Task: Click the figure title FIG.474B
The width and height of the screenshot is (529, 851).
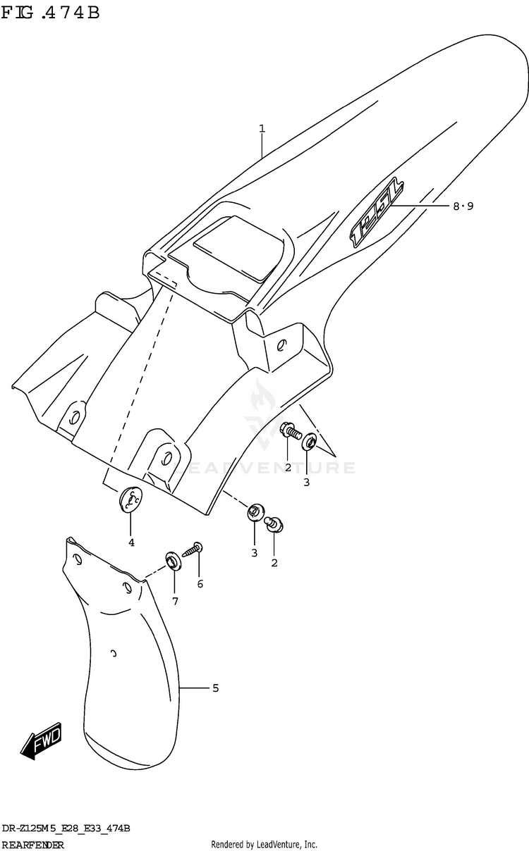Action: click(50, 13)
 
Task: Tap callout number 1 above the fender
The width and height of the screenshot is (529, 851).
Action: click(262, 128)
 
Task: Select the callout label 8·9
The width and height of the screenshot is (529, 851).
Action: click(463, 206)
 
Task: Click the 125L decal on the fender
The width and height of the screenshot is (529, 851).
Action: click(378, 211)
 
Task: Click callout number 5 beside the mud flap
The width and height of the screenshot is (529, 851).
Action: click(215, 688)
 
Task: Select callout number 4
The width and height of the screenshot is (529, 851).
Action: click(131, 542)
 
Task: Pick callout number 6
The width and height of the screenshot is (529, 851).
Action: click(200, 583)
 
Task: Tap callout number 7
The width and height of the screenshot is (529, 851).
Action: click(174, 601)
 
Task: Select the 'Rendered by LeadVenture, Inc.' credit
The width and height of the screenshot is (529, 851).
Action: click(264, 844)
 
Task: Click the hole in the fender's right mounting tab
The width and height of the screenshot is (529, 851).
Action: click(281, 345)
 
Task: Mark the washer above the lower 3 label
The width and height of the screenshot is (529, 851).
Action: click(255, 511)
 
